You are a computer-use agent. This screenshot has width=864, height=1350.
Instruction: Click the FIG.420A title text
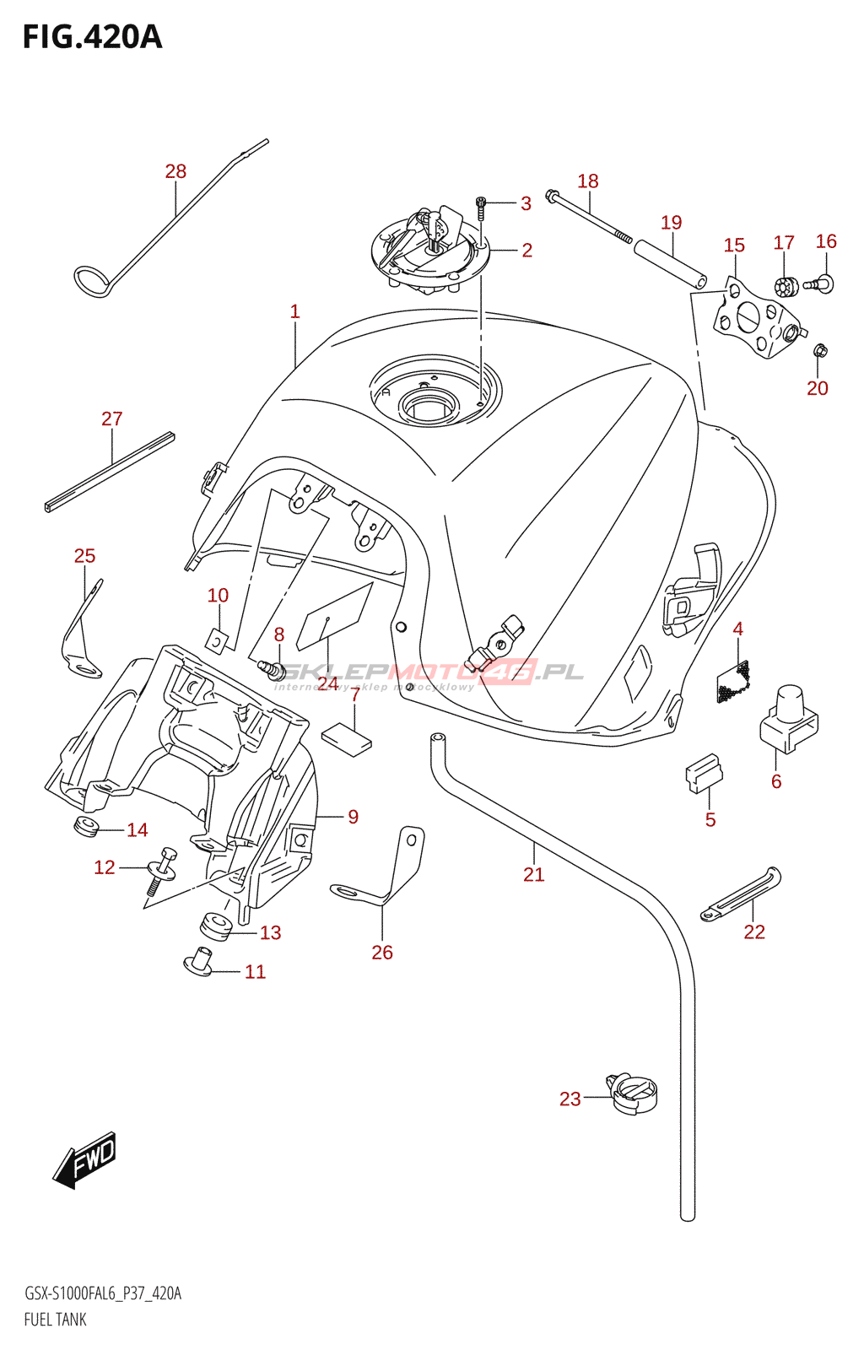click(x=92, y=37)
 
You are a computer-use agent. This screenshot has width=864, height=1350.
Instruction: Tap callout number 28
click(x=175, y=171)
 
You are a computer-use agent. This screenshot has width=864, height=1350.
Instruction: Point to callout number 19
click(x=671, y=223)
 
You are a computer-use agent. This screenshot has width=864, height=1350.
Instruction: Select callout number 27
click(x=112, y=418)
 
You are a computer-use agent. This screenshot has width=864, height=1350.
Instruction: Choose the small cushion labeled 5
click(x=703, y=771)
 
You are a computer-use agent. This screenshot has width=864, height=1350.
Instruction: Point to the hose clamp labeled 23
click(x=632, y=1093)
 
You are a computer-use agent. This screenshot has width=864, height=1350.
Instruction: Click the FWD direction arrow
click(x=85, y=1159)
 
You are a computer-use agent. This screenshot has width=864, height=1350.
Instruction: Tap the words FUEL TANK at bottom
click(x=56, y=1320)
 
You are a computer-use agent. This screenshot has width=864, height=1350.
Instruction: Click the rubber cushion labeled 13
click(x=215, y=926)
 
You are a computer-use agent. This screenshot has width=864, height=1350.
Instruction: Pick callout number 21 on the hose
click(x=533, y=874)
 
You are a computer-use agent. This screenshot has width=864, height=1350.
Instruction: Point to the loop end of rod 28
click(x=92, y=282)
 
